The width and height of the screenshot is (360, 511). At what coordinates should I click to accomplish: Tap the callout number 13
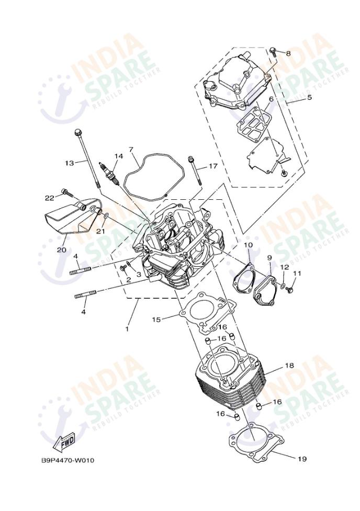tap(70, 163)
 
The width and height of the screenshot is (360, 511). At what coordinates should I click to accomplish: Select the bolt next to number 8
tap(273, 51)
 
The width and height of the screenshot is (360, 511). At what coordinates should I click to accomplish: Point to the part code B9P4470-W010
tap(68, 460)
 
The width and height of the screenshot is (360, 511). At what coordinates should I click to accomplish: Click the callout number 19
tap(302, 459)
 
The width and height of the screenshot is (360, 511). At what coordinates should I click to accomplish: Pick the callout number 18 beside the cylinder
tap(289, 365)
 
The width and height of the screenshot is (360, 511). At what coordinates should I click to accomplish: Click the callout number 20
tap(62, 250)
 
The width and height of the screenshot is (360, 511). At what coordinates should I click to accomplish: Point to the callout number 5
tap(309, 97)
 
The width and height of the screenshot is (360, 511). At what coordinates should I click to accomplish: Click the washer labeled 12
tap(283, 286)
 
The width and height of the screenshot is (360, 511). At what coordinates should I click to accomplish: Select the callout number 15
tap(156, 320)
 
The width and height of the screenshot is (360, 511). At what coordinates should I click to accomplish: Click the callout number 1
tap(127, 329)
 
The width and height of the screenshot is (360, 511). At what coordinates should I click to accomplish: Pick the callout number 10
tap(248, 244)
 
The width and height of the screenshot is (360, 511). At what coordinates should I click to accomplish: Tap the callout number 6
tap(271, 99)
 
